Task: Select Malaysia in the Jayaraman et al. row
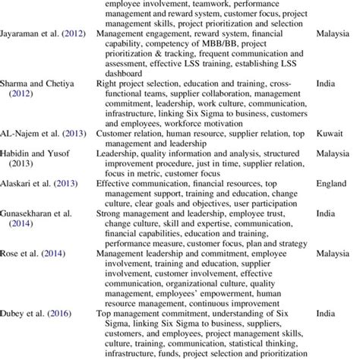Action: point(334,35)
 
